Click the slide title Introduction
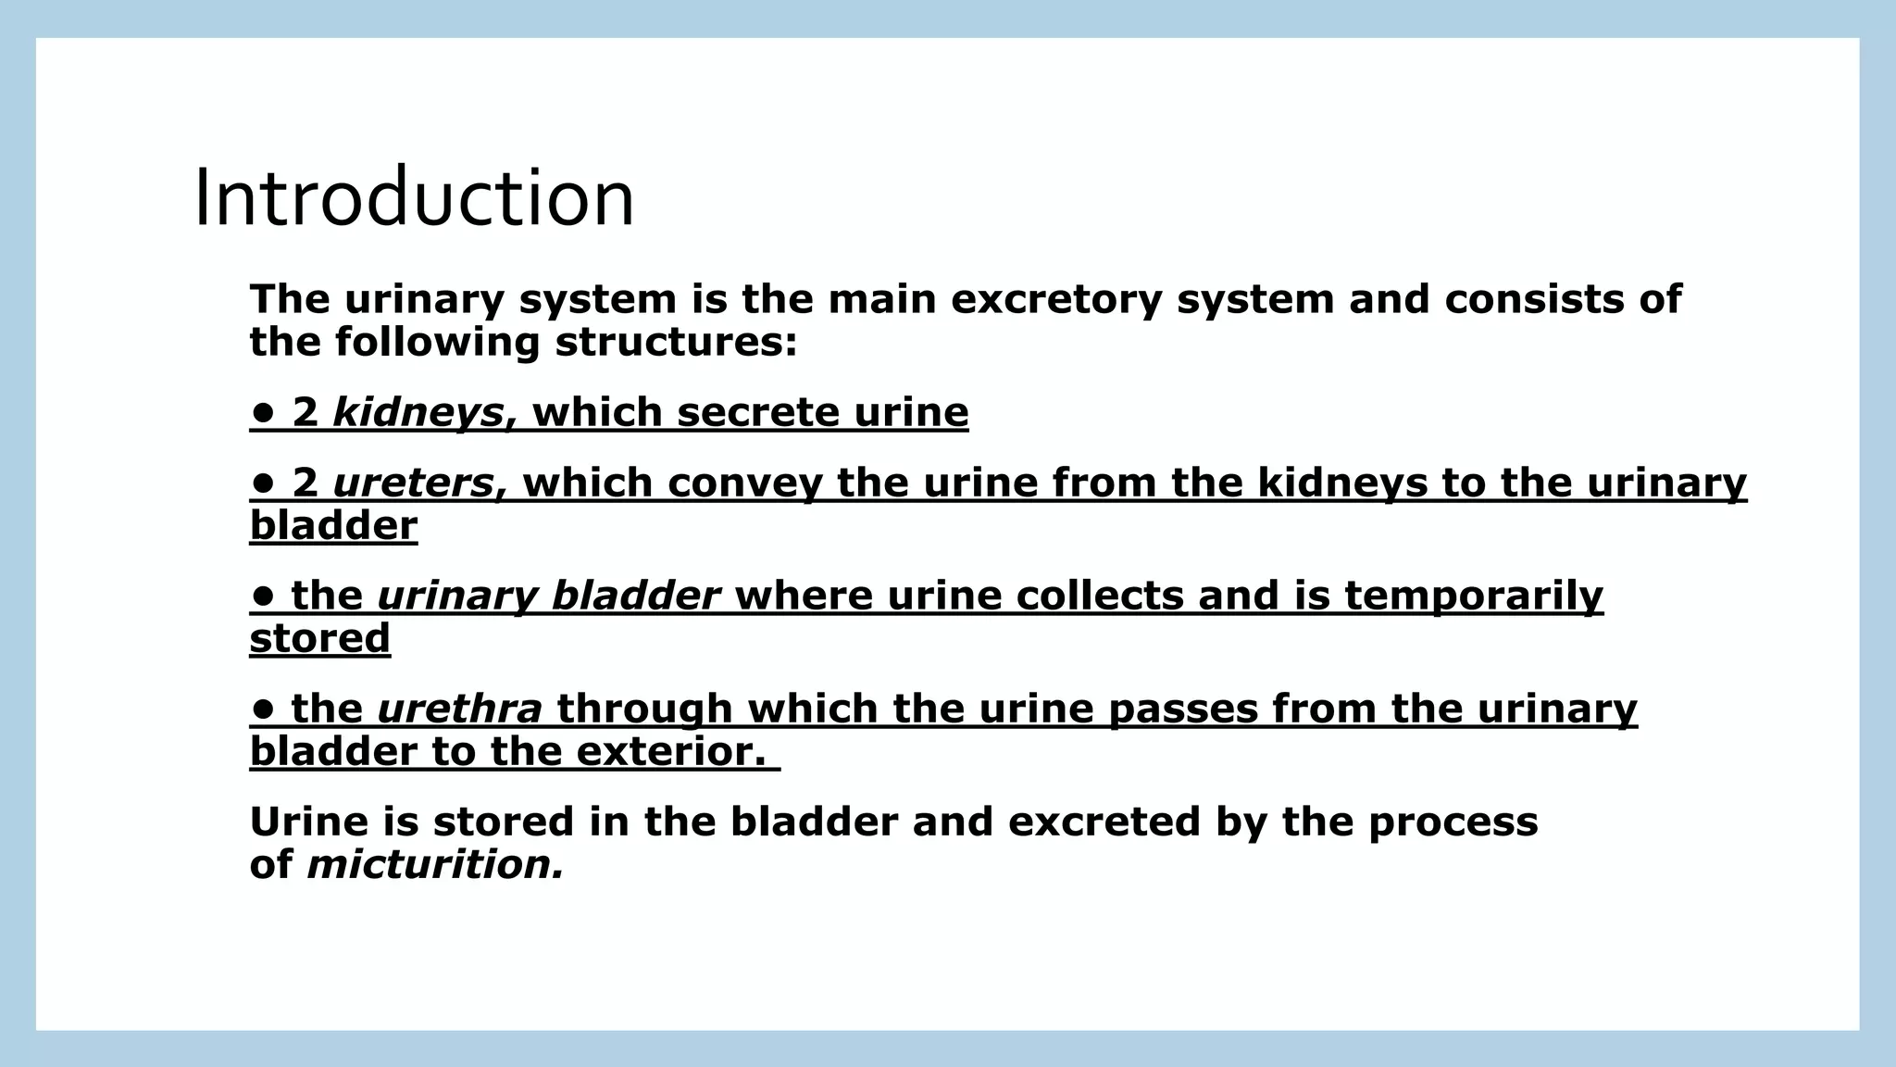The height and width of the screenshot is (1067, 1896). [x=414, y=198]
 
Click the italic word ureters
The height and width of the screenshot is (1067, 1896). [x=414, y=483]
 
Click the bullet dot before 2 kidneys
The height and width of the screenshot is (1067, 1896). [x=263, y=412]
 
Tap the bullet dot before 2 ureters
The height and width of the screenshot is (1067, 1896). [x=263, y=483]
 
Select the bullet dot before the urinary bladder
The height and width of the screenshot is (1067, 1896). [x=263, y=596]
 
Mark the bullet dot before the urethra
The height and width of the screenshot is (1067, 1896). [x=263, y=709]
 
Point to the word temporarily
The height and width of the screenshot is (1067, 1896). [x=1473, y=596]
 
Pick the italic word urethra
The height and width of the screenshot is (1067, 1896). [x=460, y=709]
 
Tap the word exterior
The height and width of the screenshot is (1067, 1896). [x=671, y=751]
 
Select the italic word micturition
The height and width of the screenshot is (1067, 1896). [x=434, y=865]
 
